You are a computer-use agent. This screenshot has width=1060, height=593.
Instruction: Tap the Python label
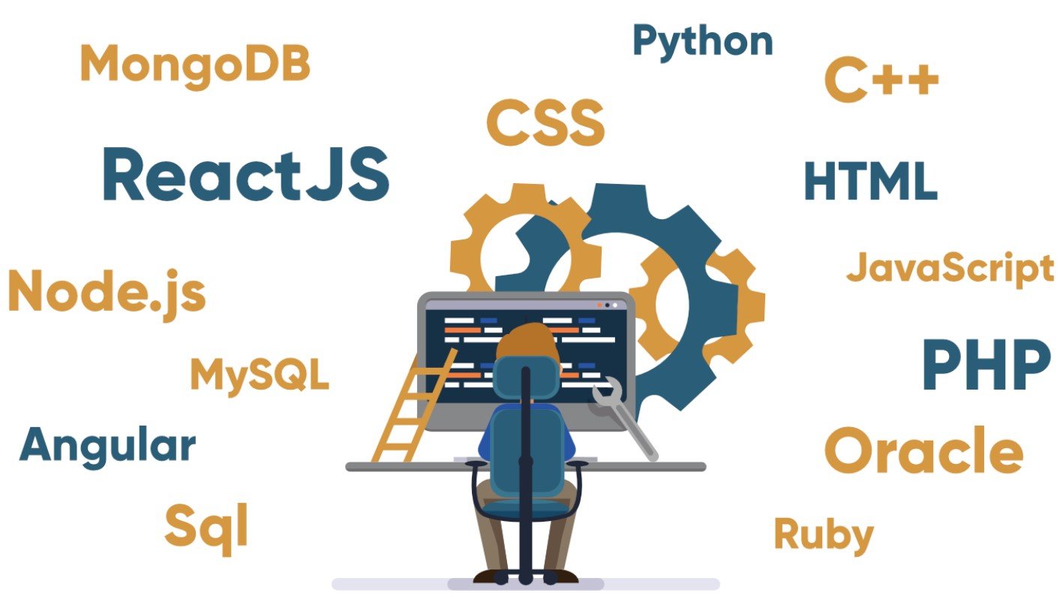tap(702, 42)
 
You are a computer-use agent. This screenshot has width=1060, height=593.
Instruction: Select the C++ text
tap(881, 82)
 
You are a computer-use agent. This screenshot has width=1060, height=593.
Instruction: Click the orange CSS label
tap(545, 124)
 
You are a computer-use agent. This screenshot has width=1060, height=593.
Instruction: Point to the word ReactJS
tap(245, 176)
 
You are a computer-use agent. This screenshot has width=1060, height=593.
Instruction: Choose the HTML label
tap(870, 181)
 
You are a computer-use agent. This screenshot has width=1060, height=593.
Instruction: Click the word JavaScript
tap(950, 269)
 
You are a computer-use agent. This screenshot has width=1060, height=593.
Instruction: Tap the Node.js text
tap(106, 292)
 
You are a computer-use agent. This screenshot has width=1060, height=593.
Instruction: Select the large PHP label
tap(985, 365)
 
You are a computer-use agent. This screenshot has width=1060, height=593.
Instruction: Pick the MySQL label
tap(260, 375)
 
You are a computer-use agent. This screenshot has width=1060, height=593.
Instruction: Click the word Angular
tap(107, 445)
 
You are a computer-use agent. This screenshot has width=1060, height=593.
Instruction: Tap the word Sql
tap(206, 525)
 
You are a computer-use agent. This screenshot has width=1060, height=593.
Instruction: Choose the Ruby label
tap(823, 535)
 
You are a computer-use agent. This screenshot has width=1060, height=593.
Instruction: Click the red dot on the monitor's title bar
tap(599, 306)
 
